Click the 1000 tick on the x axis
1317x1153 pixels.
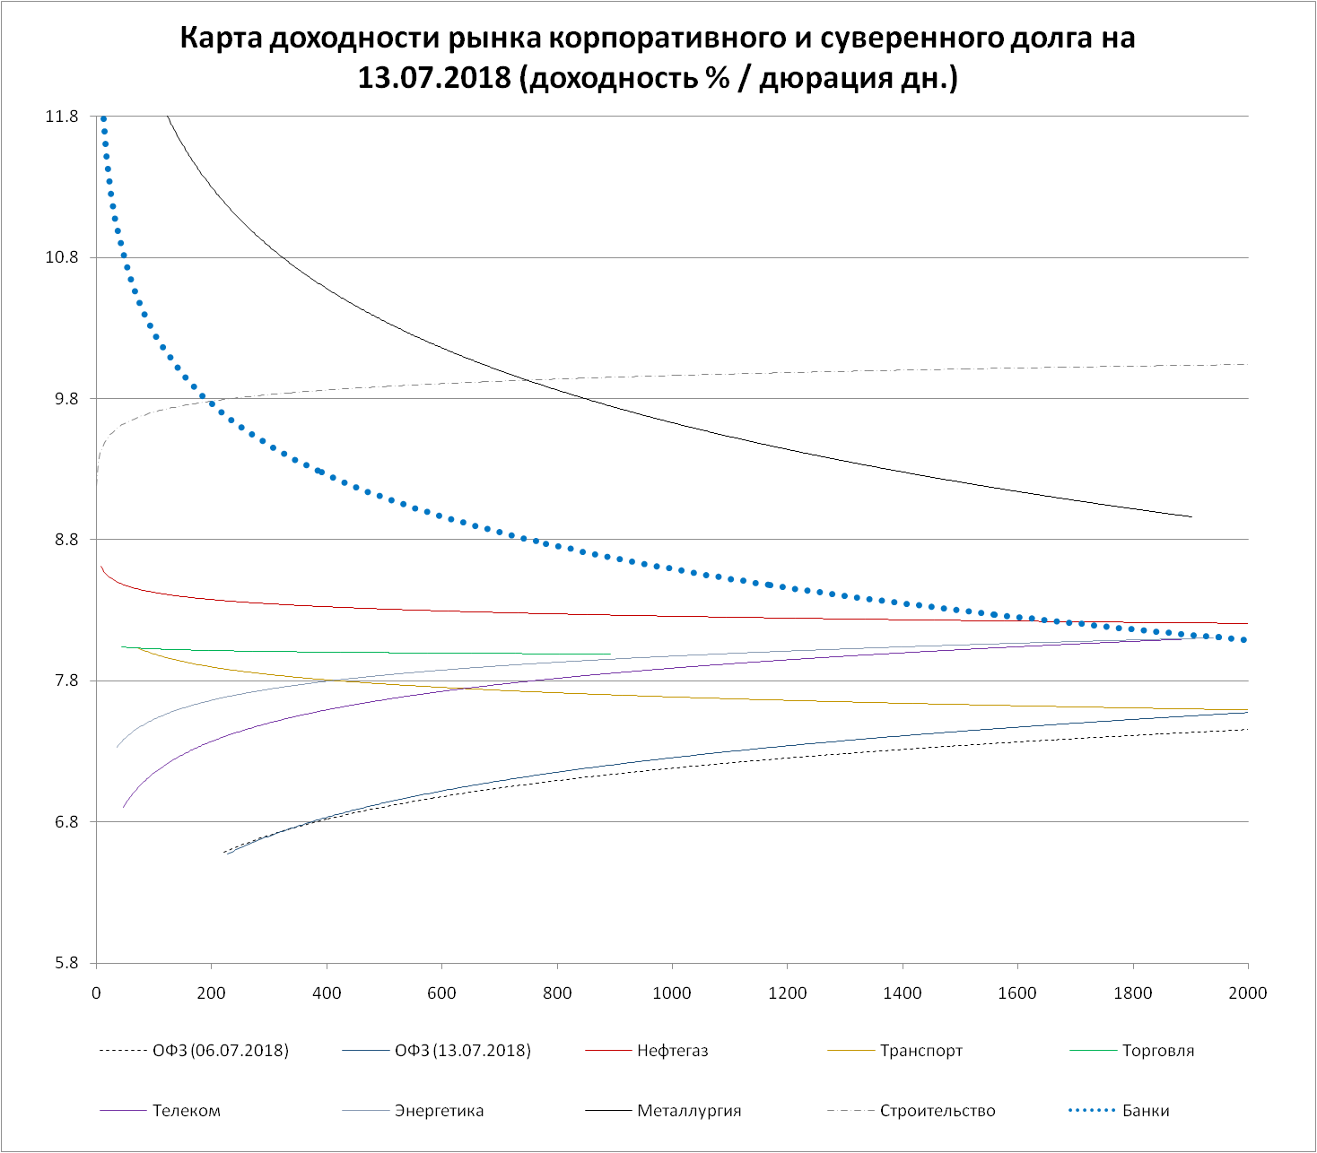672,993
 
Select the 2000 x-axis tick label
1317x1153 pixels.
1247,993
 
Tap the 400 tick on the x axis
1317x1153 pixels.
327,993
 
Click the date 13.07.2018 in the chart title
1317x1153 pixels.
434,78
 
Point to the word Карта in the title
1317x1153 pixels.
220,39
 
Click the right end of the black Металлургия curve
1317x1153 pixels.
1191,516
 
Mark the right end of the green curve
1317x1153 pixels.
609,655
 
